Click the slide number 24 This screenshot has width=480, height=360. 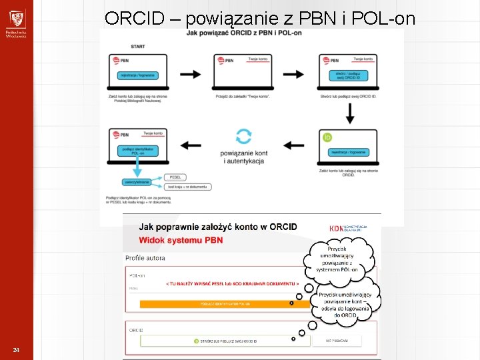coord(16,351)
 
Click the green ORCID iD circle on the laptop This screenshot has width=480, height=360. coord(327,138)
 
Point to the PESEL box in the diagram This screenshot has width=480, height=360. coord(175,177)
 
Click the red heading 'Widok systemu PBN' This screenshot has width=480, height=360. coord(181,240)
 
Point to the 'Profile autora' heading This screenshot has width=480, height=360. coord(145,258)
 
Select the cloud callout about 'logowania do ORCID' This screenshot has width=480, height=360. coord(345,305)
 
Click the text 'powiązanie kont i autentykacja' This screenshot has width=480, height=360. coord(243,158)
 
